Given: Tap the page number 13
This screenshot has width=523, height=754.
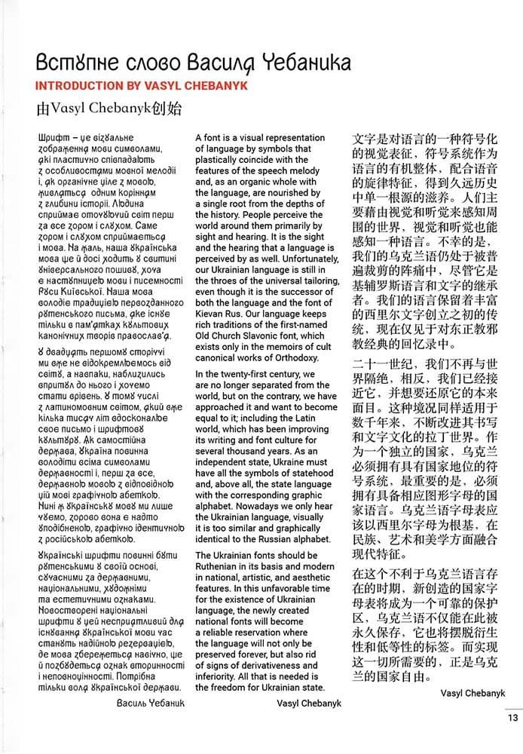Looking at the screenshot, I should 512,718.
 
